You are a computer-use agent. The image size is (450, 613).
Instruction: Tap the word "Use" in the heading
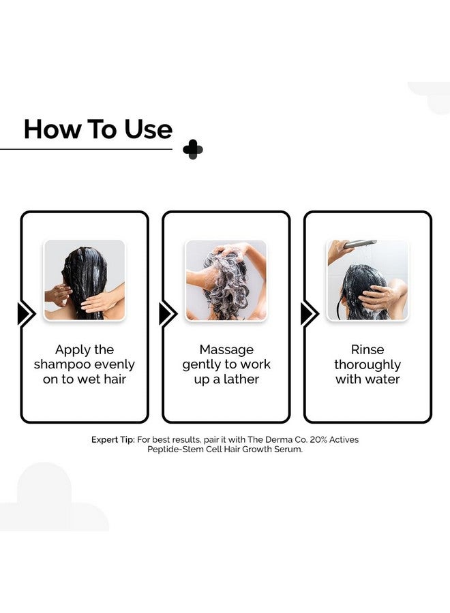[x=149, y=129]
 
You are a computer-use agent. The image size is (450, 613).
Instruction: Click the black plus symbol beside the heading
[x=193, y=149]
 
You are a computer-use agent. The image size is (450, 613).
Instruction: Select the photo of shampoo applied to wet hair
[x=85, y=280]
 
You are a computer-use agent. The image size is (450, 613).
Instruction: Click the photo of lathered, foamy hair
[x=226, y=280]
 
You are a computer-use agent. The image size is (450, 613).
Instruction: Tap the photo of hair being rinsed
[x=367, y=280]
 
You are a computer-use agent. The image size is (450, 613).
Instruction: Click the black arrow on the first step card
[x=27, y=313]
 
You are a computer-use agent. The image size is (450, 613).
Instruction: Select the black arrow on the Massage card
[x=168, y=313]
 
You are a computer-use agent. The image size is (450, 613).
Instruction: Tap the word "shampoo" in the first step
[x=62, y=365]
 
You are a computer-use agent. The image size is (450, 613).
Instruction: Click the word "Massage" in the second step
[x=226, y=349]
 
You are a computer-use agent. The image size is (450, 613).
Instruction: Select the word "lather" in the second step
[x=241, y=379]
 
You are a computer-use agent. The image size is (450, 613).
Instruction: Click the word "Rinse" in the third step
[x=367, y=349]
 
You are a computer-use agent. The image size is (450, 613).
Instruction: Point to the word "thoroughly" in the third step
[x=367, y=365]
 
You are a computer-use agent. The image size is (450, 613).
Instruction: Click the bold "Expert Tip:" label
[x=113, y=440]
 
